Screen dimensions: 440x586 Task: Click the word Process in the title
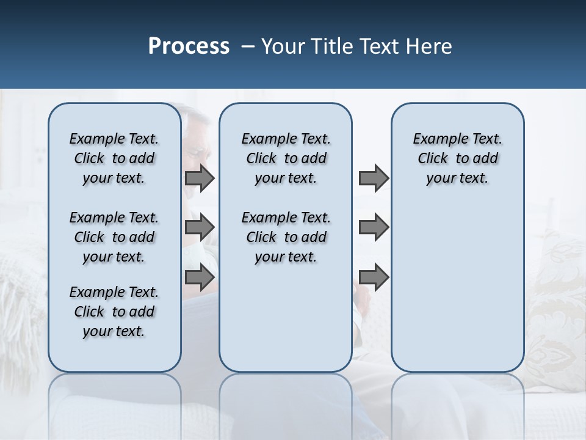point(189,46)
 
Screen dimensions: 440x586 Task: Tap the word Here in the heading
point(429,46)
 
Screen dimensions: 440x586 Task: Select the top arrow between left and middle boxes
point(200,178)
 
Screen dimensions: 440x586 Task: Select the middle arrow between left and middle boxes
point(200,228)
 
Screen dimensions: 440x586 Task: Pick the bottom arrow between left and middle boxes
point(200,277)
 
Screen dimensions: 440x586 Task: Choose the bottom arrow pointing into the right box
point(374,277)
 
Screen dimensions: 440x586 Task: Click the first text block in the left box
point(114,158)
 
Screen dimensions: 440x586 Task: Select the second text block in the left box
point(114,237)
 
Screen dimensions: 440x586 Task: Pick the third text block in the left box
point(114,312)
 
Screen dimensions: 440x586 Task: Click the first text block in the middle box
point(286,158)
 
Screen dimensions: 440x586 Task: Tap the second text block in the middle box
point(286,237)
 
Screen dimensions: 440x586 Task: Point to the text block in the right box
point(457,158)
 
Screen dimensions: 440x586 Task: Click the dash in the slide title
point(248,46)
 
